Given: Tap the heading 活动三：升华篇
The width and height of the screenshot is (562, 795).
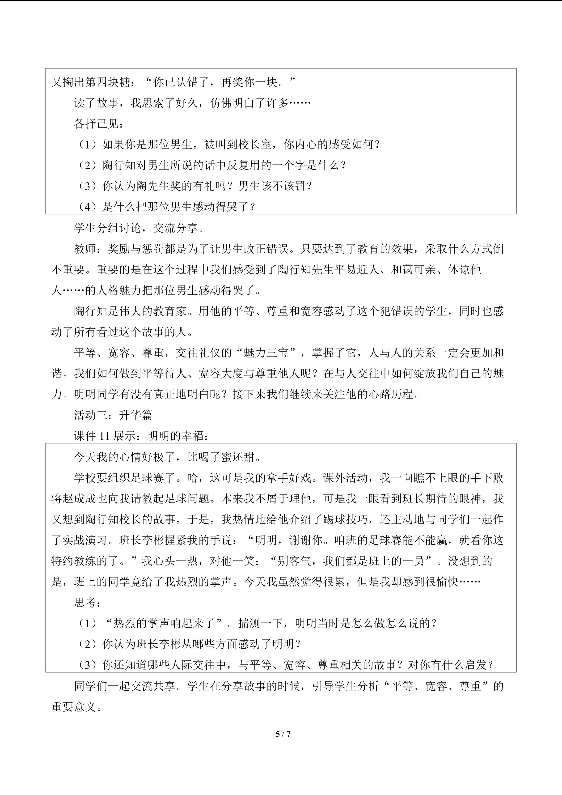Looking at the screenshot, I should tap(113, 415).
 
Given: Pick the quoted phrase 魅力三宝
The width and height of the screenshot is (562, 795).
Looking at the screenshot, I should tap(266, 353).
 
